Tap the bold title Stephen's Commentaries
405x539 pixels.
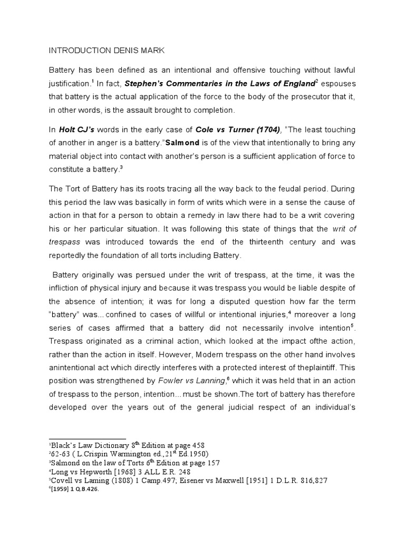(175, 83)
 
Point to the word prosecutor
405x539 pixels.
(275, 97)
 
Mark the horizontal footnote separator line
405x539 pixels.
(87, 438)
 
